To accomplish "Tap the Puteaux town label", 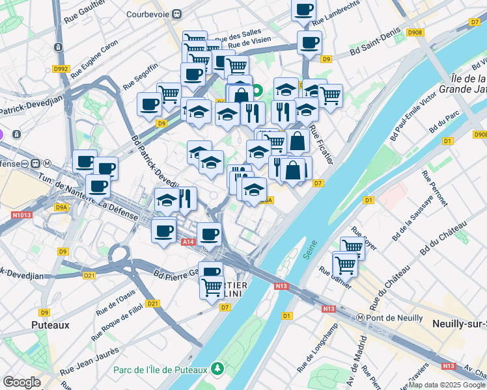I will pyautogui.click(x=51, y=323).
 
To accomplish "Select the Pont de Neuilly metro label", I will pyautogui.click(x=395, y=318).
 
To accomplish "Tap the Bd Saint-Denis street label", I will pyautogui.click(x=372, y=45).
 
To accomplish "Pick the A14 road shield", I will pyautogui.click(x=188, y=242).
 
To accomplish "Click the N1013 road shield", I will pyautogui.click(x=21, y=214).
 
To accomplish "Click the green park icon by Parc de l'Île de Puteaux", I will pyautogui.click(x=217, y=369).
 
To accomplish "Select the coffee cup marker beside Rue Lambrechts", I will pyautogui.click(x=303, y=11).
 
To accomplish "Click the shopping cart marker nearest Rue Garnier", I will pyautogui.click(x=344, y=264).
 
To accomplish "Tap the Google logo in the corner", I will pyautogui.click(x=21, y=382).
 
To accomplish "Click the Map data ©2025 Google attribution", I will pyautogui.click(x=447, y=385).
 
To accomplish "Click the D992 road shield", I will pyautogui.click(x=61, y=68).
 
